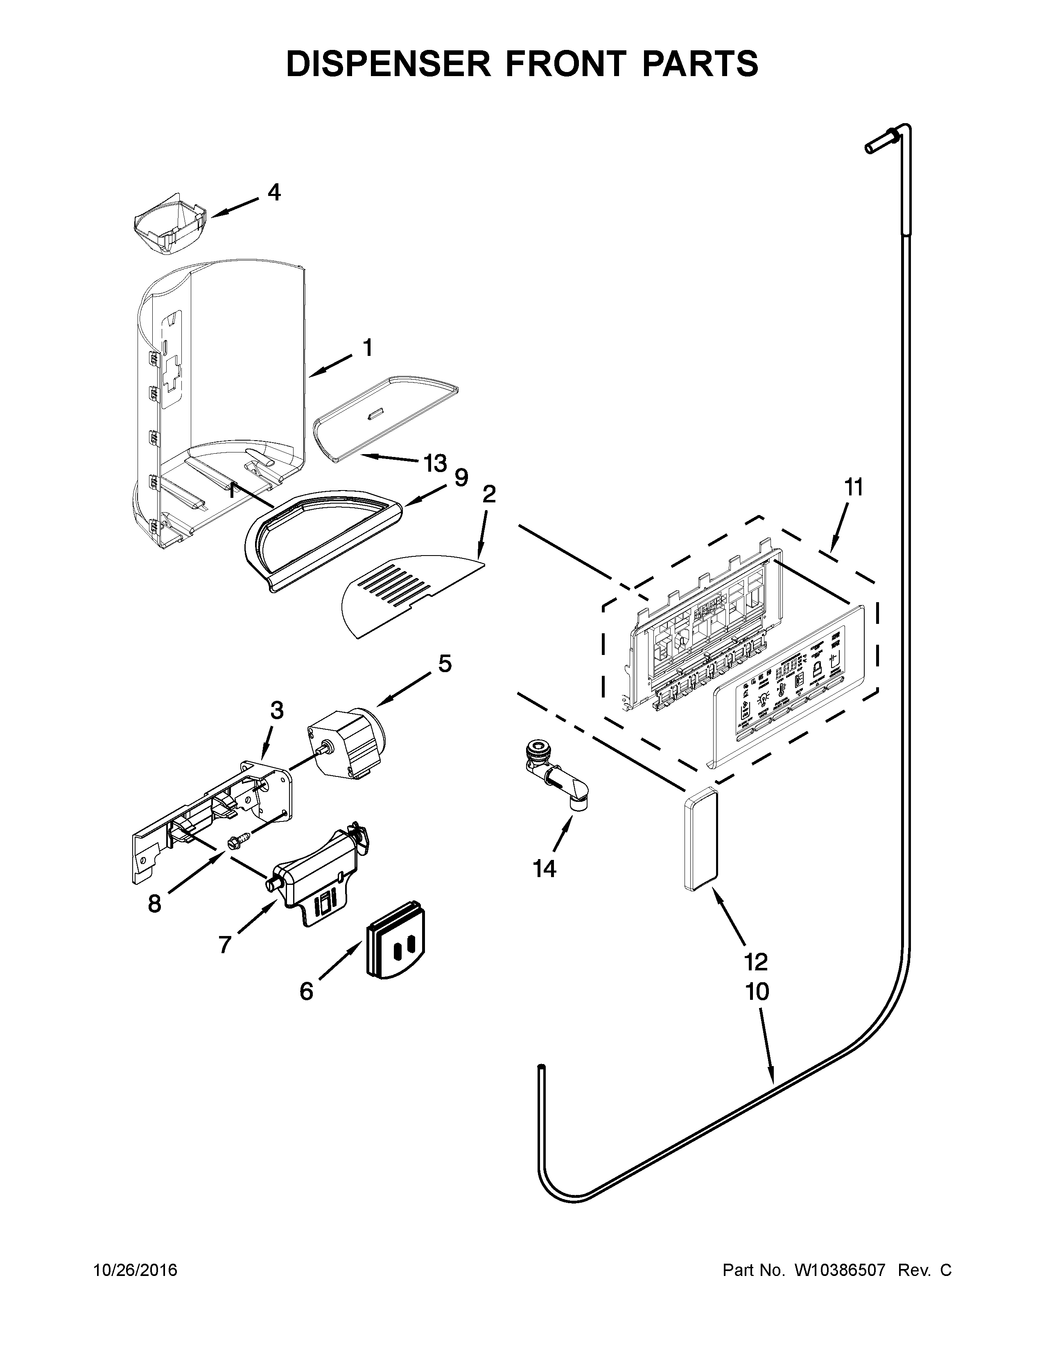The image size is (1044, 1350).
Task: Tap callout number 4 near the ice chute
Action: [274, 192]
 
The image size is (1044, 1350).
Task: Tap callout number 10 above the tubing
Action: [757, 992]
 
